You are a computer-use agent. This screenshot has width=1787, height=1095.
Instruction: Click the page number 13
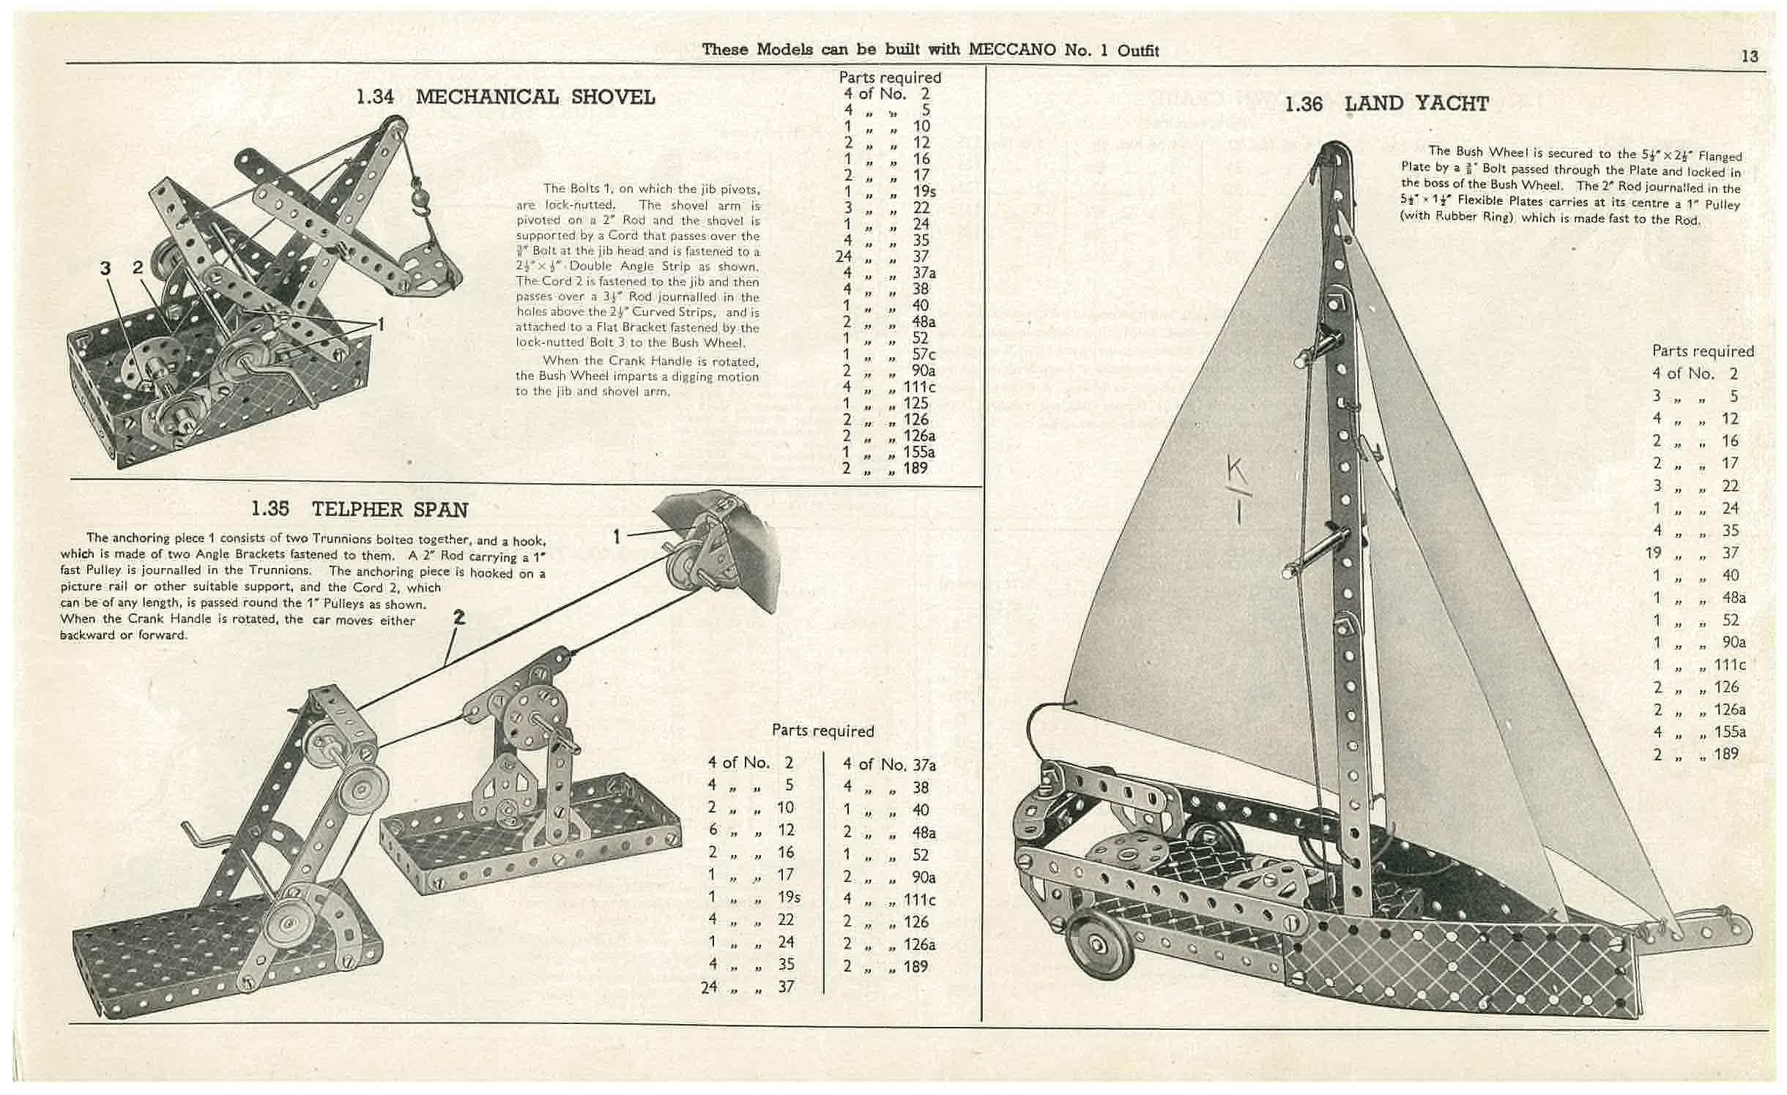click(1749, 56)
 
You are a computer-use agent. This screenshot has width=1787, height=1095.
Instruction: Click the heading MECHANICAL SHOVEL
click(535, 97)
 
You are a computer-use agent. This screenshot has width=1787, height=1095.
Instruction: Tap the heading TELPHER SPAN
click(390, 509)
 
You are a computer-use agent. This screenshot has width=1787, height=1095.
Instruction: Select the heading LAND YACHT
click(1416, 104)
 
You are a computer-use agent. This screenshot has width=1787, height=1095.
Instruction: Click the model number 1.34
click(375, 97)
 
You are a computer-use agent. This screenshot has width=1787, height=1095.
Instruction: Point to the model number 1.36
click(1304, 105)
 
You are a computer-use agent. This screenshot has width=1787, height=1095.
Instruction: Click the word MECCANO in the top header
click(1013, 50)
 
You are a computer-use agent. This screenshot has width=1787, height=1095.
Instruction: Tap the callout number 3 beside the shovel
click(105, 269)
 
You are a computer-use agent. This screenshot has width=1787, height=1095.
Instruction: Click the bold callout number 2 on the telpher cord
click(458, 618)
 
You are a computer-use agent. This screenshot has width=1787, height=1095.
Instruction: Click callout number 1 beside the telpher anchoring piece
click(617, 538)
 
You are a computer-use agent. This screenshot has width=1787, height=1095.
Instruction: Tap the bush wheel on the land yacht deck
click(1127, 854)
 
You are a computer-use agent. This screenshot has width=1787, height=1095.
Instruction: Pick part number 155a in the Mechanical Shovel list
click(919, 452)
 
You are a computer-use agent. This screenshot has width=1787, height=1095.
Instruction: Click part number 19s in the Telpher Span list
click(789, 897)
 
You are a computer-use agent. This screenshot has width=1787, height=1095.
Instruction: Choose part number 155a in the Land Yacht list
click(1730, 731)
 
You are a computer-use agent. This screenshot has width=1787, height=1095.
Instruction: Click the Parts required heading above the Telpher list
click(822, 730)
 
